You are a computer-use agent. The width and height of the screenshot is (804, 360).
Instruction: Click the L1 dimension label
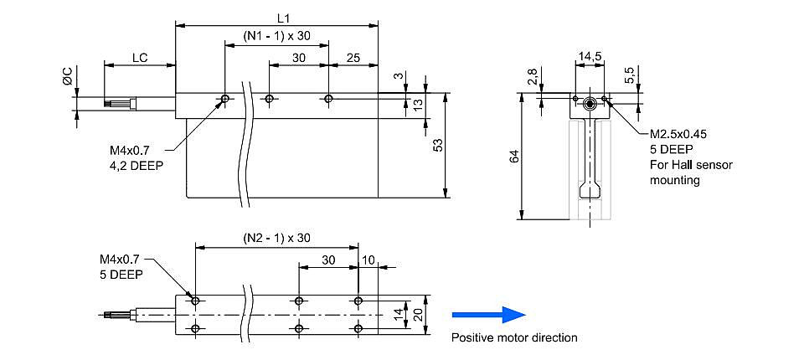(284, 18)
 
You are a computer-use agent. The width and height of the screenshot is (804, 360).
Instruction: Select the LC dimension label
(140, 58)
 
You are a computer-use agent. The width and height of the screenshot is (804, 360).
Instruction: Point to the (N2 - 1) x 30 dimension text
(276, 238)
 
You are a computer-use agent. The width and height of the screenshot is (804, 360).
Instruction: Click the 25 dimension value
(353, 58)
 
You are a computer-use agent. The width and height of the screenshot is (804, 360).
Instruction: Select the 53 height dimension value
(438, 146)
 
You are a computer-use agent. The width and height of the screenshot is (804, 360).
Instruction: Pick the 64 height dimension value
(515, 157)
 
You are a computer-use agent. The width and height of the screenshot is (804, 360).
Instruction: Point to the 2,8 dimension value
(533, 76)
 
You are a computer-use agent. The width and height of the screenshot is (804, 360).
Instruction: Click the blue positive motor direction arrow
(488, 314)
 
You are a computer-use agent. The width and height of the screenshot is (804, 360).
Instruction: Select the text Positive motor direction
(514, 337)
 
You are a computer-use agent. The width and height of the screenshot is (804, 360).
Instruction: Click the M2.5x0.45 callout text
(678, 134)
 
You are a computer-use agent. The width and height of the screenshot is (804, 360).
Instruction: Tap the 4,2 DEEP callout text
(136, 166)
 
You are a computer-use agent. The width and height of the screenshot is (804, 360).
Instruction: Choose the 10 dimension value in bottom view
(368, 260)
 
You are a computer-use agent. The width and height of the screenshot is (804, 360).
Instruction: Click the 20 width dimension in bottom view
(420, 316)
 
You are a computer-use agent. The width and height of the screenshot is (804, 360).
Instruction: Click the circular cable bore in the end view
(590, 104)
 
